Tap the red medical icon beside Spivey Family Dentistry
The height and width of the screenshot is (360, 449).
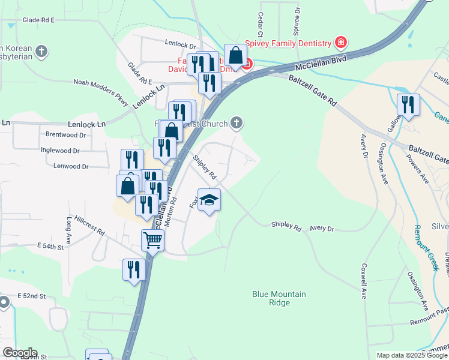coord(341,43)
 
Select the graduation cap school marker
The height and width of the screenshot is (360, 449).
coord(209,200)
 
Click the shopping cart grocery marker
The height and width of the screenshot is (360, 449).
coord(152,241)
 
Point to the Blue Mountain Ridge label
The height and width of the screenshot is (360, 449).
coord(279,298)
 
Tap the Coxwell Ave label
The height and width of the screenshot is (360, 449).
coord(364,281)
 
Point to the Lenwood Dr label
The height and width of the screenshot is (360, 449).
coord(71,166)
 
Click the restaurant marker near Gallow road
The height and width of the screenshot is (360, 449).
coord(408,106)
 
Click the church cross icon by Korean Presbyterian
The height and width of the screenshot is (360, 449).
coord(41,52)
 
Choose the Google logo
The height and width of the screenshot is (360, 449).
coord(20,353)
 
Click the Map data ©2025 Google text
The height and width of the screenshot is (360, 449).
coord(412,355)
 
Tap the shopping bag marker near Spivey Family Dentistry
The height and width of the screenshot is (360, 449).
coord(236,56)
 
